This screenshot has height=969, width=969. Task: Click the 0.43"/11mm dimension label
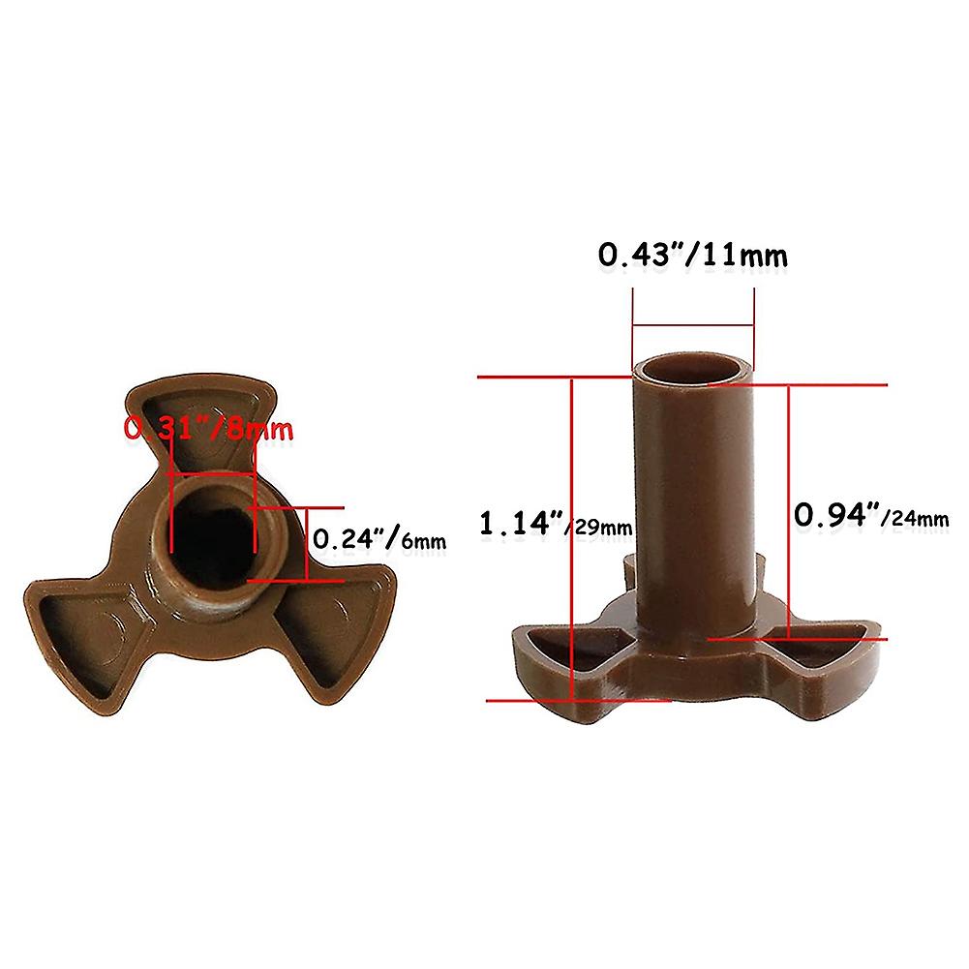[x=691, y=256]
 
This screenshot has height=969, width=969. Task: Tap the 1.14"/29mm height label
[x=556, y=526]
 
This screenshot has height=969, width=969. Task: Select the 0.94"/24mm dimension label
[x=870, y=517]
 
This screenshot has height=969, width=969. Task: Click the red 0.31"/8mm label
[x=207, y=428]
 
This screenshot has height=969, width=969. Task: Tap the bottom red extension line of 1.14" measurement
[x=542, y=699]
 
